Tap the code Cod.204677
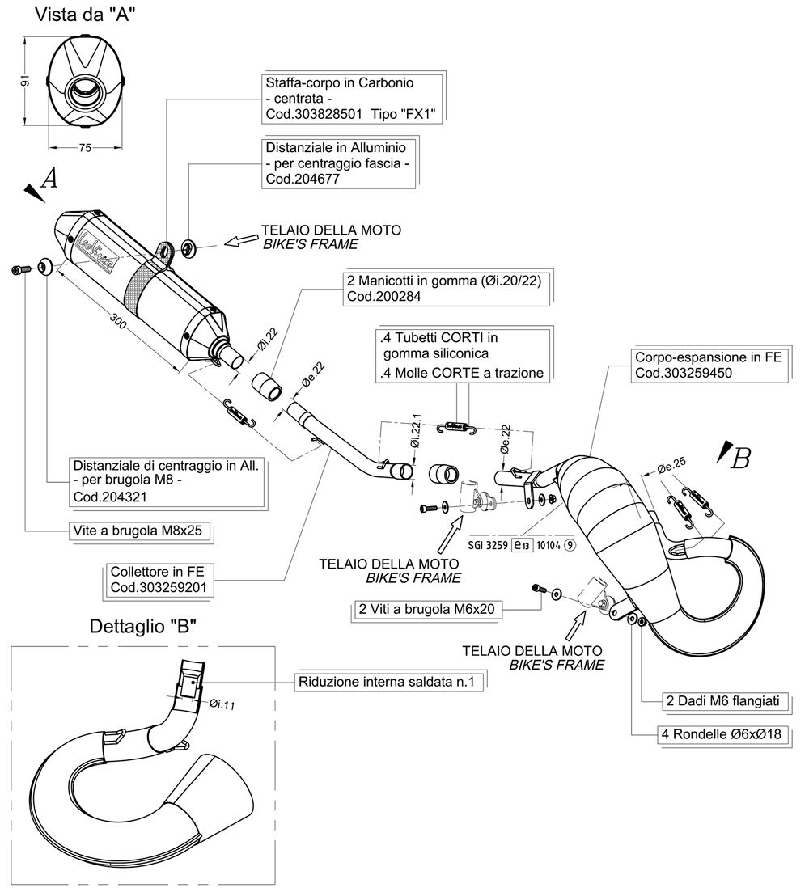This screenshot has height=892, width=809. (x=299, y=180)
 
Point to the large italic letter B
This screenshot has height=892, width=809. (x=739, y=459)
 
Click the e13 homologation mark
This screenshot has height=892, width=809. (x=523, y=546)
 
